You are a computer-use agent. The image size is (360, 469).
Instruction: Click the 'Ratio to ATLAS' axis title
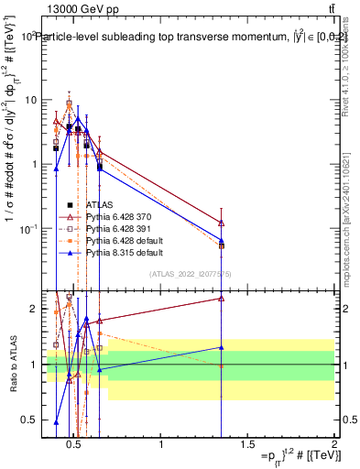(11, 365)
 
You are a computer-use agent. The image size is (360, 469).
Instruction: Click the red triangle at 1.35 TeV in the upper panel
(222, 223)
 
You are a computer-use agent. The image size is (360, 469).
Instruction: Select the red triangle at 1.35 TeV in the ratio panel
(222, 298)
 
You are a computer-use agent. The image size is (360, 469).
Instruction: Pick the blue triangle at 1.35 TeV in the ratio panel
(222, 347)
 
